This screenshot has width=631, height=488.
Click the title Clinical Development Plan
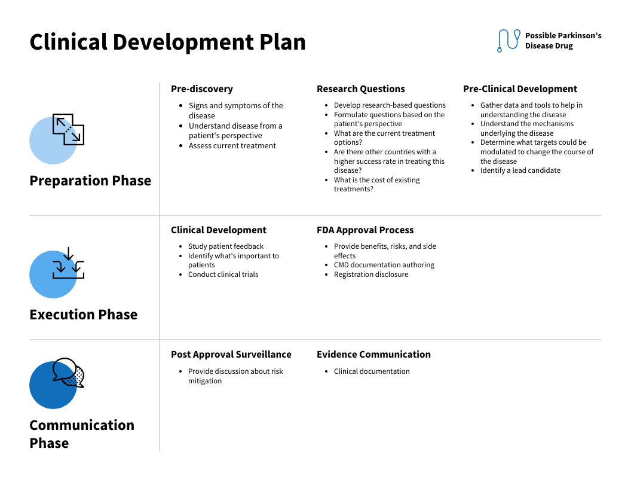[x=167, y=42]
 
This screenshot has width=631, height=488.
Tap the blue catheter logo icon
[x=508, y=40]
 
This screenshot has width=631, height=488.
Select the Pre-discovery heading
[x=202, y=89]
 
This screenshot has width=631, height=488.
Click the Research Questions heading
[x=361, y=89]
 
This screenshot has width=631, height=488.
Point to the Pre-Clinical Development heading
[x=520, y=89]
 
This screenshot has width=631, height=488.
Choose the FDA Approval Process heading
[x=365, y=230]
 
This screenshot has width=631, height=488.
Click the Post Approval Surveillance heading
[x=231, y=355]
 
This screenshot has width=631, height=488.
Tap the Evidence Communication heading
[x=373, y=355]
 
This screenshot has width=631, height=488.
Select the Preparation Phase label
[x=90, y=181]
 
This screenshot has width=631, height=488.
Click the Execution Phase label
[x=84, y=315]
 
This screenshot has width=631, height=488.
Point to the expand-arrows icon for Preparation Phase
[x=68, y=129]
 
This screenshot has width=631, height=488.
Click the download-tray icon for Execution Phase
[x=68, y=264]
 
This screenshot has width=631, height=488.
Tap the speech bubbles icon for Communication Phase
[x=68, y=373]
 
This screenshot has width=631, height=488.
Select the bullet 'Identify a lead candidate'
[x=520, y=170]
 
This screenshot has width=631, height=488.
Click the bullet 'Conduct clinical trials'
[x=223, y=274]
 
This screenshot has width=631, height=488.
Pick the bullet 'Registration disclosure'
[x=371, y=274]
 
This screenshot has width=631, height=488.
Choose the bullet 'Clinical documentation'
[x=372, y=371]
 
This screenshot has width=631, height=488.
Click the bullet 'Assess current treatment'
[x=232, y=146]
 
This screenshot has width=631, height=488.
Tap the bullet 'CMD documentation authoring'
[x=384, y=265]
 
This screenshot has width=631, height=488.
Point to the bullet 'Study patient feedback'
[x=226, y=246]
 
